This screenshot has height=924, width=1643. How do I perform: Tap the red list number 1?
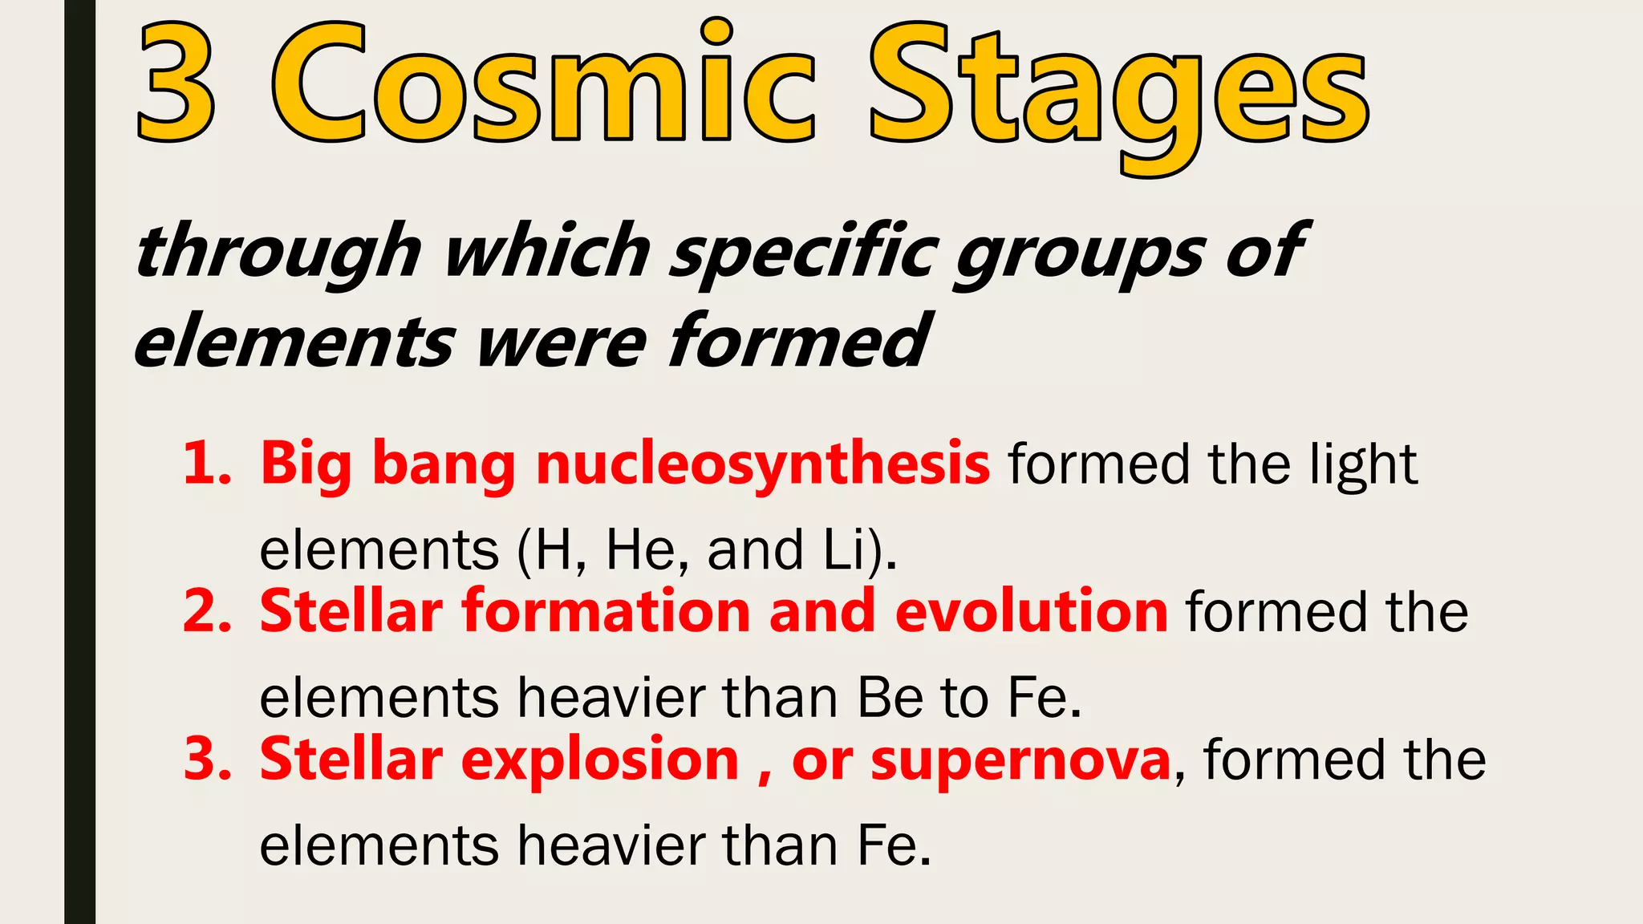point(206,464)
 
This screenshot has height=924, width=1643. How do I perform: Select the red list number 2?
point(207,611)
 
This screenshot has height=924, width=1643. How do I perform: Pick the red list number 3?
point(207,759)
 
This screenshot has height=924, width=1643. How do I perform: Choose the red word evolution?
point(1031,611)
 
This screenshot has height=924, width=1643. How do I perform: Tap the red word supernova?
point(1020,760)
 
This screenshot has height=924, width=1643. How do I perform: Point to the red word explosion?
point(599,760)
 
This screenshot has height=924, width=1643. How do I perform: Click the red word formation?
point(606,611)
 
